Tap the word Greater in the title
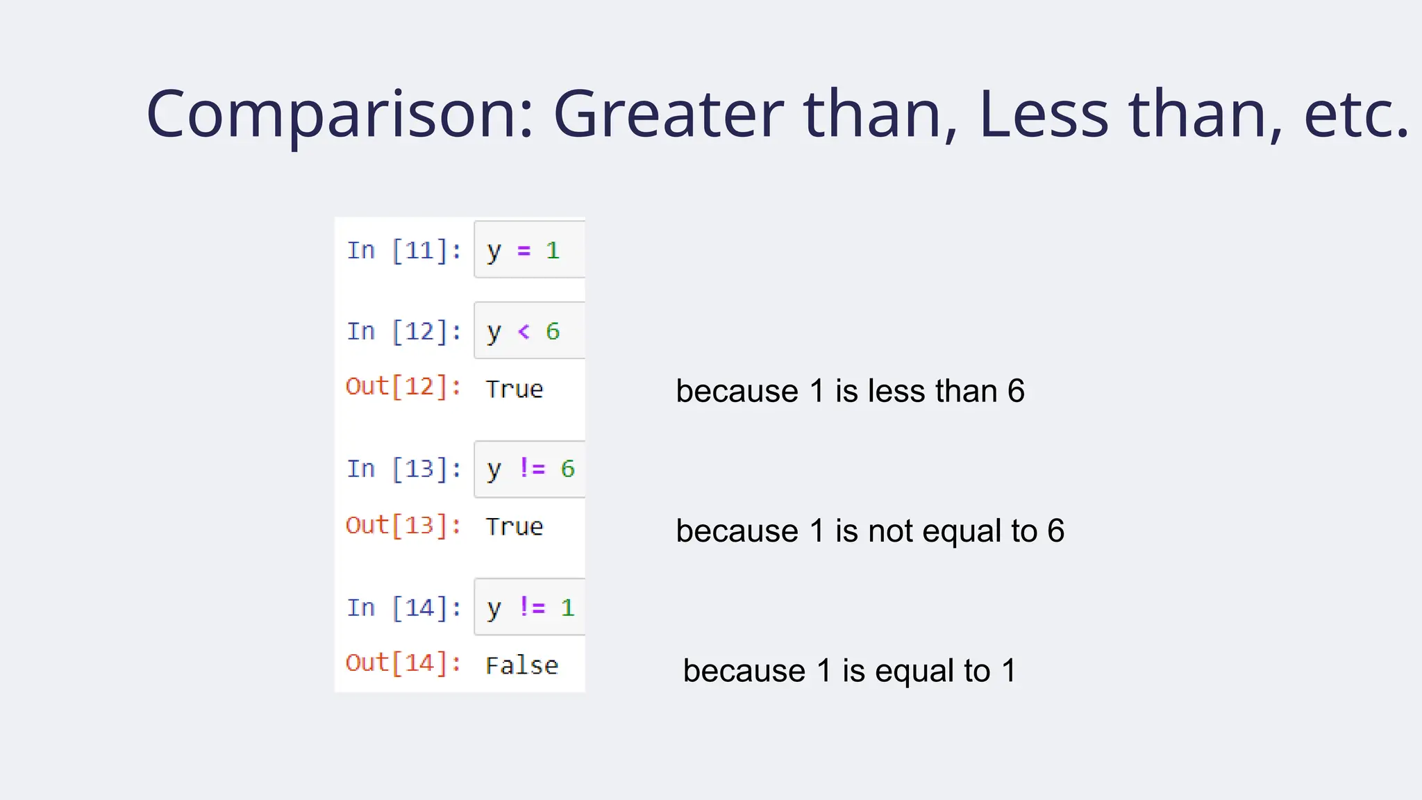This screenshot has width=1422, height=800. tap(668, 115)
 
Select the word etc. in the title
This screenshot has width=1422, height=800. tap(1356, 115)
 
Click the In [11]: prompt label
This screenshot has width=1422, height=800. tap(404, 251)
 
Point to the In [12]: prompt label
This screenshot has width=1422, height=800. tap(404, 331)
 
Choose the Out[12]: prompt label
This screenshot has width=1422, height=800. tap(403, 387)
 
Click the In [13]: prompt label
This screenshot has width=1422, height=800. tap(404, 469)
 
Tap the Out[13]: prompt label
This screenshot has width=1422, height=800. tap(403, 526)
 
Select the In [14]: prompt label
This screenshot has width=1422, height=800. tap(404, 608)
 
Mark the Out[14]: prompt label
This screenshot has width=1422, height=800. tap(403, 663)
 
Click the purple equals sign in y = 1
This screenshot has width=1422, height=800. tap(524, 251)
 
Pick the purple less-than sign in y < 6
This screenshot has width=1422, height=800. tap(524, 332)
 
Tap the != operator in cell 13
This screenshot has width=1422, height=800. tap(533, 469)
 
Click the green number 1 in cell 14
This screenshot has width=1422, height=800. tap(567, 608)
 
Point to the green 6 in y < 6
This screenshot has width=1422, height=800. tap(553, 332)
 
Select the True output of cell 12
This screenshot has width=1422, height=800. tap(515, 390)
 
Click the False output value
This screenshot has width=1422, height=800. tap(521, 666)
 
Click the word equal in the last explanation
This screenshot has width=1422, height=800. tap(914, 671)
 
